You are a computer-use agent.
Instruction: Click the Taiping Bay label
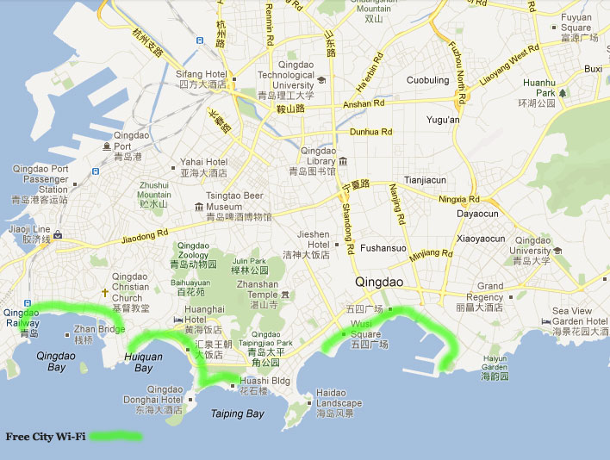[237, 413]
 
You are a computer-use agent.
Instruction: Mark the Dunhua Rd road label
[370, 132]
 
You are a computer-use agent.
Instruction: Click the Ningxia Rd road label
[458, 199]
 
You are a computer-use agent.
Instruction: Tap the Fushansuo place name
[383, 248]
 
